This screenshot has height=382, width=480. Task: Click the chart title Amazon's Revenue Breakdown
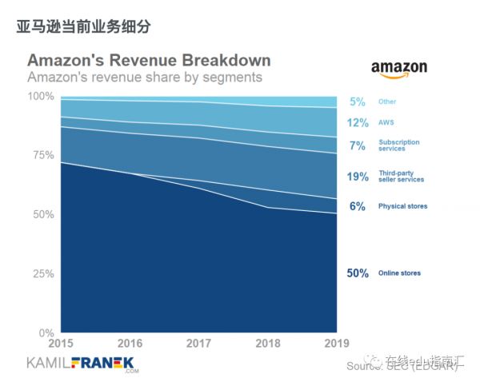click(149, 61)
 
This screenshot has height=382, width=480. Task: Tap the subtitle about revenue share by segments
click(145, 78)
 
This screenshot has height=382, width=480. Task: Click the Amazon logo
click(398, 70)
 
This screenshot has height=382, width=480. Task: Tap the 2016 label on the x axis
click(129, 344)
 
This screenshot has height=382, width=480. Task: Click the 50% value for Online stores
click(357, 273)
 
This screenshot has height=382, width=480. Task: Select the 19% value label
click(357, 177)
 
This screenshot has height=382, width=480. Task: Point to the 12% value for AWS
click(357, 123)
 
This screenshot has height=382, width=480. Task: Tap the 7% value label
click(357, 146)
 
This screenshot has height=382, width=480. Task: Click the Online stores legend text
click(399, 273)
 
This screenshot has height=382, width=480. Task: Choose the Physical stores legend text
click(402, 206)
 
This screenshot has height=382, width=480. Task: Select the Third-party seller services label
click(402, 177)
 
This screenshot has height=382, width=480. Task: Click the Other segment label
click(387, 101)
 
